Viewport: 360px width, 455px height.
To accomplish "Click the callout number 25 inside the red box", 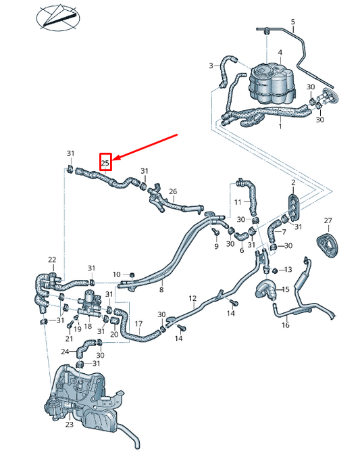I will point(105,162).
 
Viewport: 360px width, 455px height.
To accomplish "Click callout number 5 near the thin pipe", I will point(293,22).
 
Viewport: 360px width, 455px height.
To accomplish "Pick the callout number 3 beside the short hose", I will point(211,66).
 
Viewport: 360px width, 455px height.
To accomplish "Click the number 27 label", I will point(328,221).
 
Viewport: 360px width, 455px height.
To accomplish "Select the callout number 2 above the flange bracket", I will point(293,183).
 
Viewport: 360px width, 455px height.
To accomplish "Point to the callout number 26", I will point(172,191).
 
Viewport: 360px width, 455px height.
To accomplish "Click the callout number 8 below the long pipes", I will point(161,289).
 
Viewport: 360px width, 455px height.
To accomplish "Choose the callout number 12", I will point(192,298).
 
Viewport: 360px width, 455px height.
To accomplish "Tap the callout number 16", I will point(285,325).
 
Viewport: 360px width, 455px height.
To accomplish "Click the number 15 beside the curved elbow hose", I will point(285,290).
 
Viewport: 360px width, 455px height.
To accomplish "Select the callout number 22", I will point(52,260).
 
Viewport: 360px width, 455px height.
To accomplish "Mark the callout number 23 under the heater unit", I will point(69,425).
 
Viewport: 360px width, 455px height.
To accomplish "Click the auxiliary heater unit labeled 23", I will point(81,396).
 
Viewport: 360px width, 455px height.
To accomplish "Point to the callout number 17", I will point(138,324).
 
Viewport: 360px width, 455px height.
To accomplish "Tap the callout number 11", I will point(237,202).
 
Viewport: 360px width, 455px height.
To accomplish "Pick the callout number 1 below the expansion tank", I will point(280,126).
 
